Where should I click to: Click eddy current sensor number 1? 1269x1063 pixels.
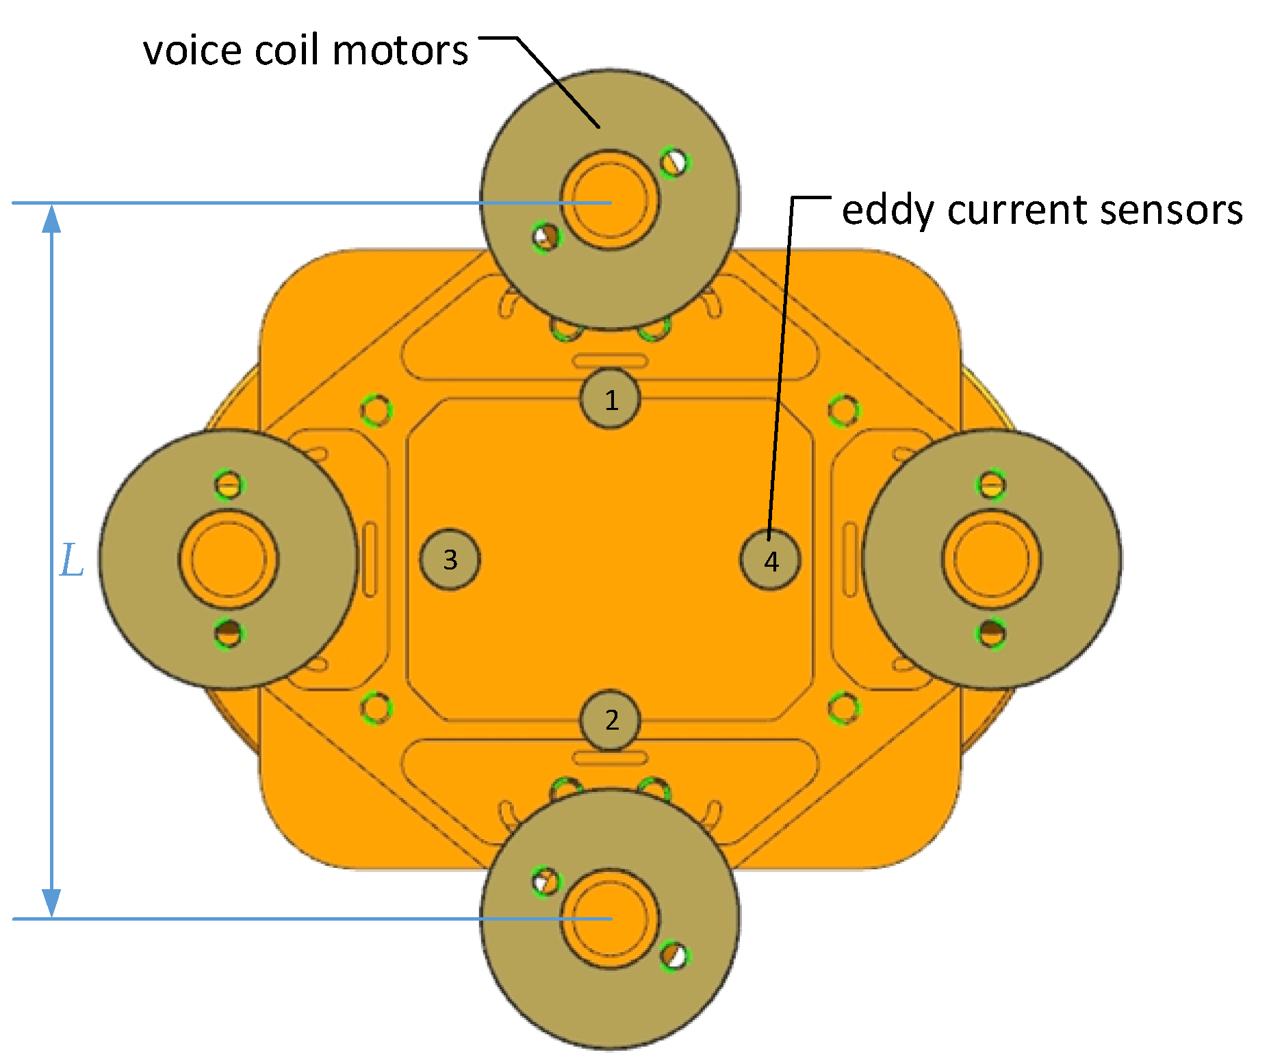pos(611,399)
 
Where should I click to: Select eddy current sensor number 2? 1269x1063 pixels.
pos(611,720)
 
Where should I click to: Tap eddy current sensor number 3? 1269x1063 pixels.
pos(450,559)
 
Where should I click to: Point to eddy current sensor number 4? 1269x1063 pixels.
pos(771,561)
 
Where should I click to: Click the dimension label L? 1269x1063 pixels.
pos(72,561)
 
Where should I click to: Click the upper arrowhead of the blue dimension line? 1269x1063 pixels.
pos(52,218)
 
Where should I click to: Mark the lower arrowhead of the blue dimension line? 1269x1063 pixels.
pos(52,904)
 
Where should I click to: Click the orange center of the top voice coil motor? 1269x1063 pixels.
pos(610,201)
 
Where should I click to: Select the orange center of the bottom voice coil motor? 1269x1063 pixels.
pos(610,919)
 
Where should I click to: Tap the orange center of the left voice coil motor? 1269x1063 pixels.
pos(229,559)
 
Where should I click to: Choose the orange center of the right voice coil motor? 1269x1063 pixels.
pos(992,559)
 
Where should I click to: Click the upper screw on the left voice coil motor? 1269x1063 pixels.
pos(229,485)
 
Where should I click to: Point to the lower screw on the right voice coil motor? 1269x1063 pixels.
pos(991,633)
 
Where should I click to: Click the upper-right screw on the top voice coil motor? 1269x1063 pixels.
pos(675,162)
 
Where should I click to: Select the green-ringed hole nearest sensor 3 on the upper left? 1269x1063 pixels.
pos(376,411)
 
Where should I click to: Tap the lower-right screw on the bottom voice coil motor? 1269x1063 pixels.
pos(675,956)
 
